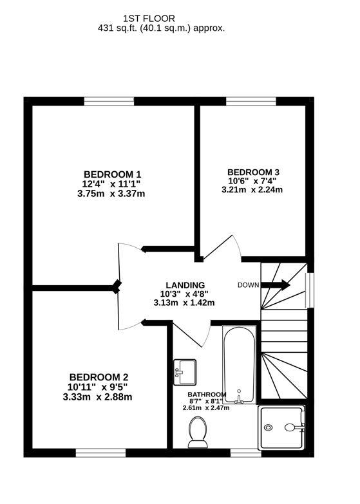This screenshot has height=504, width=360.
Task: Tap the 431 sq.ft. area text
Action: point(161,28)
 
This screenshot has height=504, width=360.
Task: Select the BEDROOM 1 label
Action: point(113,174)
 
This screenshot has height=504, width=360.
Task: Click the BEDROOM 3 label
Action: point(253,172)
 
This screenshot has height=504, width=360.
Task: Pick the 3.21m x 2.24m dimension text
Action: point(252,190)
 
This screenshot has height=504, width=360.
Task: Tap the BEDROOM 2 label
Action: point(99,377)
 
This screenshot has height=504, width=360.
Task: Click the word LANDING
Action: point(185,285)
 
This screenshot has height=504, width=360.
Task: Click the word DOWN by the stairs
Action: point(248,285)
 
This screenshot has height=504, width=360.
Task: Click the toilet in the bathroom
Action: point(196,431)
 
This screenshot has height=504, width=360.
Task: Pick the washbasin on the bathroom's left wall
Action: point(185,369)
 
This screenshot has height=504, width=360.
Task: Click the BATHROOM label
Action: point(207,395)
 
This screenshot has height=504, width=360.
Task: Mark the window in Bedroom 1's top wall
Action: point(109,101)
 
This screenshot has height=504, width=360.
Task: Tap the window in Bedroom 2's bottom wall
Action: point(99,452)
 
